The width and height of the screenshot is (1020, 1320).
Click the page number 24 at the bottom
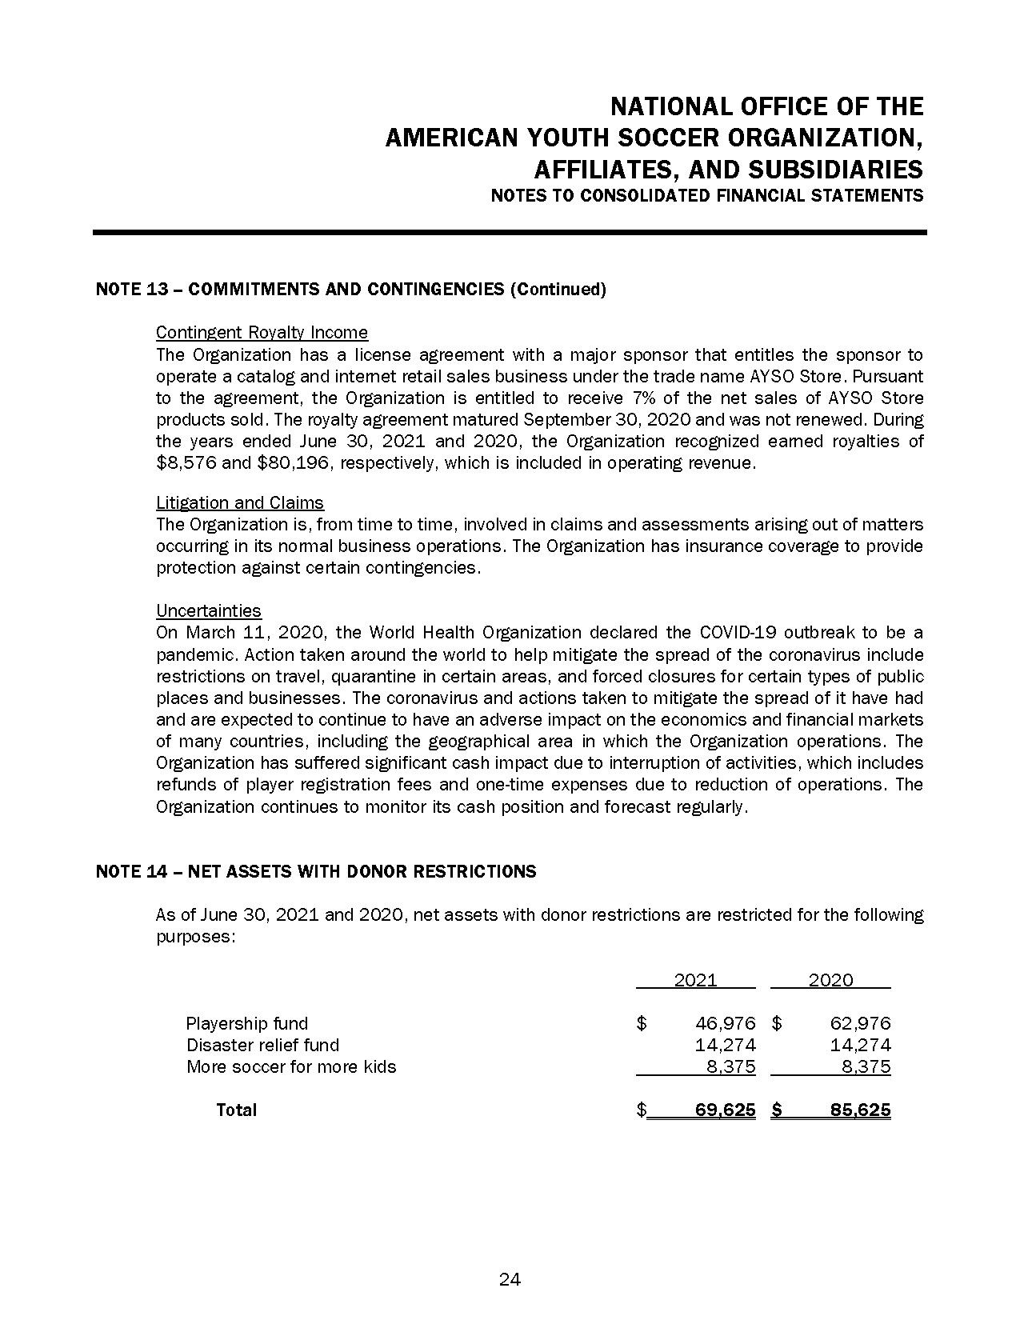(510, 1279)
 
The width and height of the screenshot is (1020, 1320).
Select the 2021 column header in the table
(695, 980)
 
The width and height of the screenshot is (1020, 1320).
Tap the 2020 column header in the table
(830, 980)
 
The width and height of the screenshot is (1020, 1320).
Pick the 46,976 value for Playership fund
(726, 1023)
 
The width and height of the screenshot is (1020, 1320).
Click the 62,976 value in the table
(861, 1023)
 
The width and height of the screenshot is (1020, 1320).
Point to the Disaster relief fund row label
(262, 1045)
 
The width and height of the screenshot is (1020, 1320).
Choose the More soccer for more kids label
(291, 1066)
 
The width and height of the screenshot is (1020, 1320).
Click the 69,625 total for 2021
(726, 1110)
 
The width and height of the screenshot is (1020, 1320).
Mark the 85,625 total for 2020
(861, 1110)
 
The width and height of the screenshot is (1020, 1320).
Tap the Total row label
(236, 1110)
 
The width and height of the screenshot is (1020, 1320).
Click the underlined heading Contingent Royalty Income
(262, 332)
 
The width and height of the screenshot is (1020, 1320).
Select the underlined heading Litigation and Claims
(240, 502)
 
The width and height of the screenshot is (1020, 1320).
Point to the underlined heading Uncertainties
(209, 610)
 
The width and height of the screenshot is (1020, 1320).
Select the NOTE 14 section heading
(316, 871)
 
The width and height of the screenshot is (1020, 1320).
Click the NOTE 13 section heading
(350, 289)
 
